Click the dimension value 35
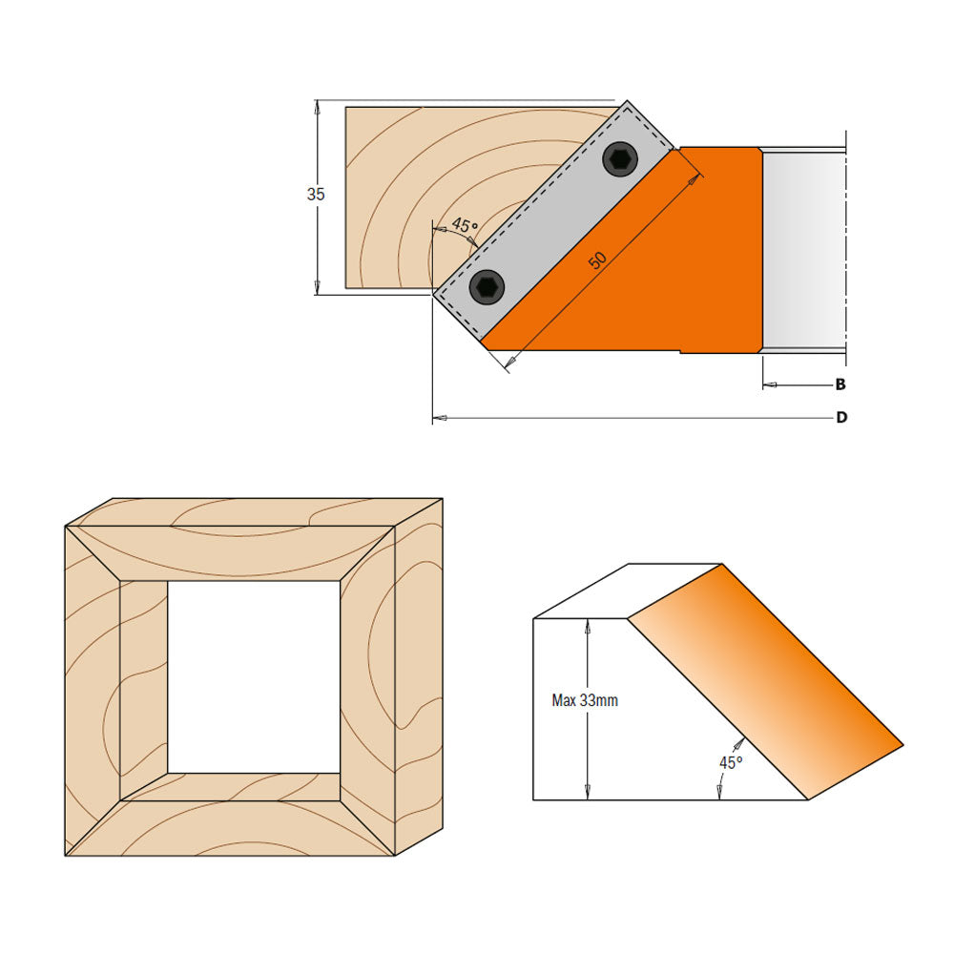coord(316,194)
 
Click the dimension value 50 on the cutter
coord(596,259)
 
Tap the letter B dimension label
coord(840,385)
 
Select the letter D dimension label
coord(841,418)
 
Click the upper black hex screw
coord(620,158)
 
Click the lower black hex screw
coord(487,285)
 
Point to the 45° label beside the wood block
coord(464,226)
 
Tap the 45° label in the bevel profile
coord(730,762)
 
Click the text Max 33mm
coord(585,700)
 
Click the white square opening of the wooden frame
coord(254,676)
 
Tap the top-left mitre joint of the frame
coord(93,552)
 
